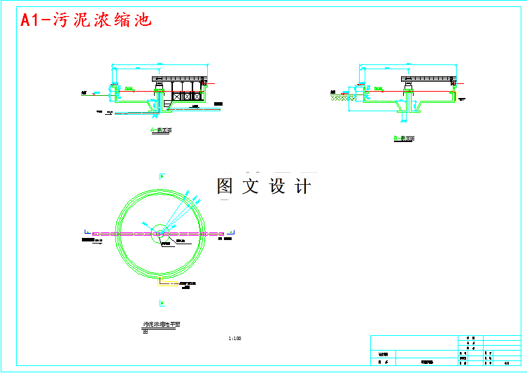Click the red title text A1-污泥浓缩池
86,20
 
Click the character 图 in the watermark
225,186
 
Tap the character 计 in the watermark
303,186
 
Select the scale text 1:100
234,339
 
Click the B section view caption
404,139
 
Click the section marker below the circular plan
162,302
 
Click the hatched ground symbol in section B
342,98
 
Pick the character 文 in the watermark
251,186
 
